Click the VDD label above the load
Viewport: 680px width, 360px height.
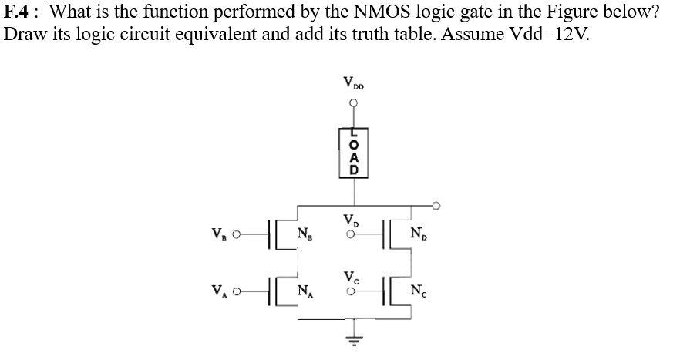355,82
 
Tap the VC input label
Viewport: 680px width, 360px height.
352,277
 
